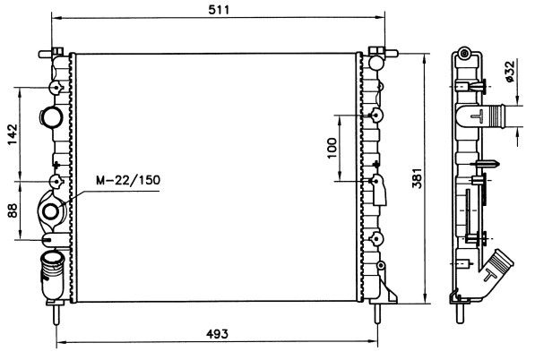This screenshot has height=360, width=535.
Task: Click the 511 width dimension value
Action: coord(219,10)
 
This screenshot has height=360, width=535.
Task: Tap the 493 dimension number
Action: coord(218,334)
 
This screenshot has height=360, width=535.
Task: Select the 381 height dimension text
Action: coord(417,177)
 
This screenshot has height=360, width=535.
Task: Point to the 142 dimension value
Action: coord(13,134)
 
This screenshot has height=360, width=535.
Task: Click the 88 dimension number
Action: coord(13,210)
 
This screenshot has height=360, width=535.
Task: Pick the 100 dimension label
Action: coord(332,148)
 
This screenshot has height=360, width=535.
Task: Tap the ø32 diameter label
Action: coord(509,72)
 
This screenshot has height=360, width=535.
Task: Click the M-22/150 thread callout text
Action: coord(128,180)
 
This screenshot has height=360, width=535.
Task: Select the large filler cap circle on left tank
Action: coord(51,117)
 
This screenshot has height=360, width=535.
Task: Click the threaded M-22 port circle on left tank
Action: coord(50,212)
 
